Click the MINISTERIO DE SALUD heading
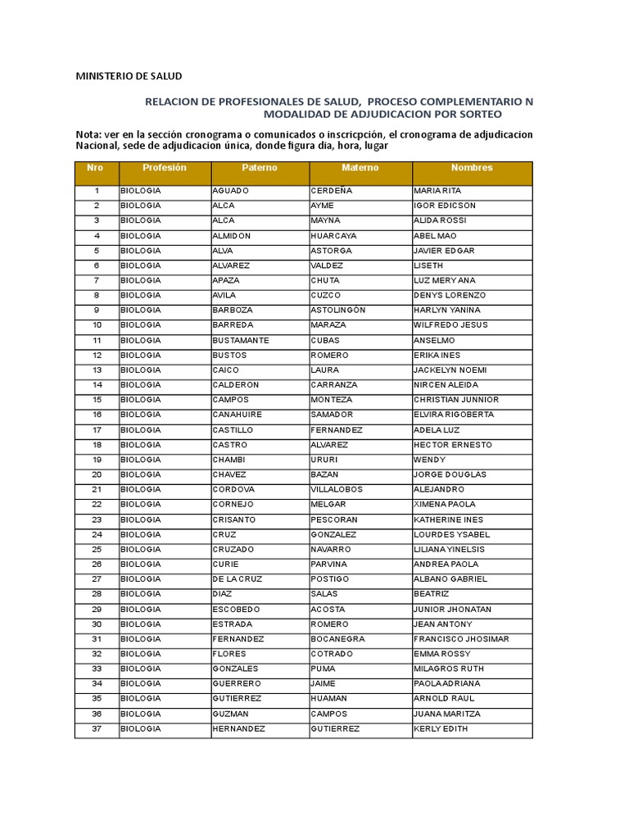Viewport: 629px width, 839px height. coord(129,76)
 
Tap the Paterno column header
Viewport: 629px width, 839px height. coord(260,168)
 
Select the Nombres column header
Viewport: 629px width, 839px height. coord(472,168)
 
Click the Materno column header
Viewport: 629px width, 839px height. coord(360,168)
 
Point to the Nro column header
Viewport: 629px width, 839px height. coord(96,168)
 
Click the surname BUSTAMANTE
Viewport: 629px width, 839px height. coord(240,340)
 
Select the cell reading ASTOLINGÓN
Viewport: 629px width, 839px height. coord(338,311)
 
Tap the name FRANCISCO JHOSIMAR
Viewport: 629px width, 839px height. coord(461,639)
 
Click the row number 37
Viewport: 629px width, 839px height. coord(97,728)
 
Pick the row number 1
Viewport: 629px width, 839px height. coord(97,191)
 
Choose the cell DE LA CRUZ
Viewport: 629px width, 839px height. coord(238,579)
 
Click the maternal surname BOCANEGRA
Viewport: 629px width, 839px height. coord(337,639)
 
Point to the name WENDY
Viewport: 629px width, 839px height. coord(429,460)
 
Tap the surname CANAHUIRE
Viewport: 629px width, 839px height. coord(238,415)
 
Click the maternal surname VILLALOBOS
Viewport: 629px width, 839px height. coord(337,490)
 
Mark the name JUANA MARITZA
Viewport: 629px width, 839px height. coord(447,714)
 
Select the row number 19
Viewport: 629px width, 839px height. coord(97,460)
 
